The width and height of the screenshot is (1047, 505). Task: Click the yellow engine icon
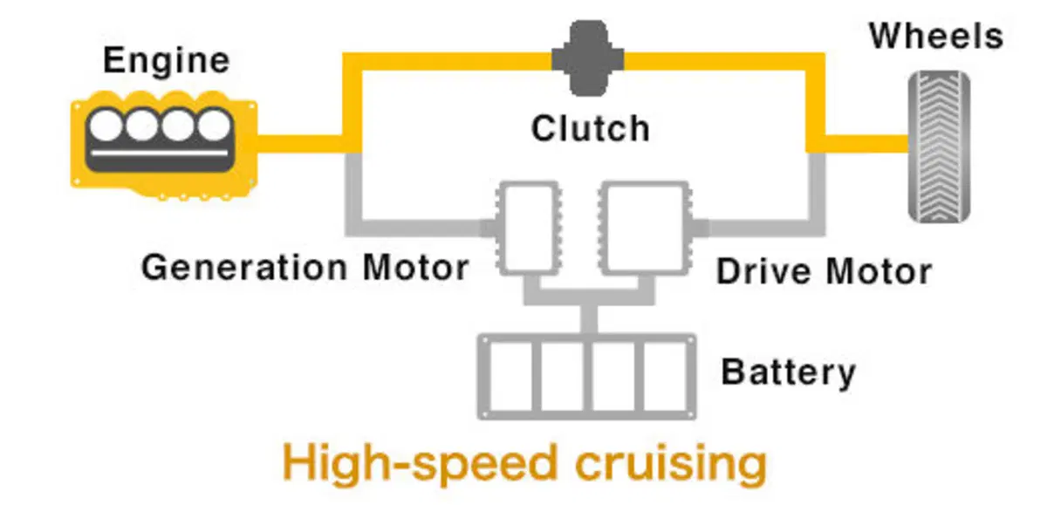point(164,146)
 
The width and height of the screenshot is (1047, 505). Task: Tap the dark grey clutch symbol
point(587,58)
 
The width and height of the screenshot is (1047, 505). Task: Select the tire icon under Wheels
point(939,147)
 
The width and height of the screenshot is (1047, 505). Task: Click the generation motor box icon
point(529,228)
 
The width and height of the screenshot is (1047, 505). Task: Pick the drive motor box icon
point(645,228)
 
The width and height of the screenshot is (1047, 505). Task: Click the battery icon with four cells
point(586,376)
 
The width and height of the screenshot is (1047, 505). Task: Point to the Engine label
point(167,61)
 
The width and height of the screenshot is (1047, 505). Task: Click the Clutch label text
point(591,128)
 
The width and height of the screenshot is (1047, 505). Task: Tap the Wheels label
point(936,36)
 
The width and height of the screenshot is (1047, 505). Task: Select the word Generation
point(244,267)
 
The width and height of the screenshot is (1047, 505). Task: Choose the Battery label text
point(789,372)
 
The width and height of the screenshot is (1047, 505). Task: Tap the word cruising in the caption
point(671,463)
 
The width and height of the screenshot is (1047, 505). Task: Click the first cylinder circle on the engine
point(106,126)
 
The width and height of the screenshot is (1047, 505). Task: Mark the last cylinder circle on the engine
point(214,126)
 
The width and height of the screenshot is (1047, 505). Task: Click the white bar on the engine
point(160,153)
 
